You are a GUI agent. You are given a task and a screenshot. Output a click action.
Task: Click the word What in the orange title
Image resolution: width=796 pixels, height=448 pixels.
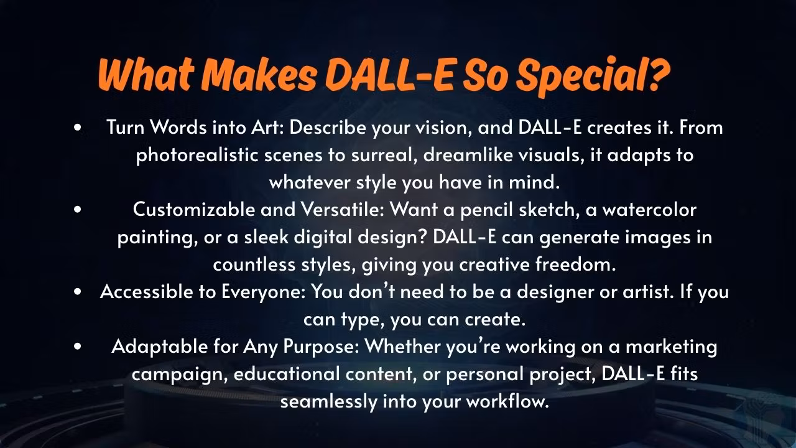pyautogui.click(x=147, y=75)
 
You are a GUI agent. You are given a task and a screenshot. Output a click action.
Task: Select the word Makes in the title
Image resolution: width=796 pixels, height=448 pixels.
pyautogui.click(x=259, y=75)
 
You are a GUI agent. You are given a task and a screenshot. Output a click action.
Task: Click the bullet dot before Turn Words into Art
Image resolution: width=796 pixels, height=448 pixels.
pyautogui.click(x=78, y=128)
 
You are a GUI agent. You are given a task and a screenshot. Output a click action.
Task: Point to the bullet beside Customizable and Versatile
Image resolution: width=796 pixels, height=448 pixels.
pyautogui.click(x=78, y=210)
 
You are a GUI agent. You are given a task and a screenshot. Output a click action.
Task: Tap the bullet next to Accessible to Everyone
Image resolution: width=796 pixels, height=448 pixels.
pyautogui.click(x=78, y=292)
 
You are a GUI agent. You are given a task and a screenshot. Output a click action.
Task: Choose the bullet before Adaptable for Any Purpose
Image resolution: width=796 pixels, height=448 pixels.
pyautogui.click(x=78, y=347)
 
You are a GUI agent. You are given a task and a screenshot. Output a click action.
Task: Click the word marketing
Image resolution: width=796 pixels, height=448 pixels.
pyautogui.click(x=671, y=347)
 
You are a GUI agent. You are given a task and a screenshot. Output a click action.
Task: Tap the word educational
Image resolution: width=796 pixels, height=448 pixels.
pyautogui.click(x=287, y=374)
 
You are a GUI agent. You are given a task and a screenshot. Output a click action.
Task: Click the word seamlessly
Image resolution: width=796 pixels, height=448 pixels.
pyautogui.click(x=329, y=402)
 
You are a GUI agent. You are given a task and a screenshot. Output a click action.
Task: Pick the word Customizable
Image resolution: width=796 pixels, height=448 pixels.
pyautogui.click(x=194, y=210)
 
